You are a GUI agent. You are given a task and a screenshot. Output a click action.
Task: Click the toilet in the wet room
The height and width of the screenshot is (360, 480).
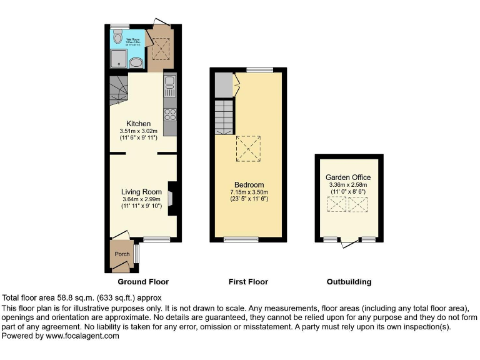(117, 37)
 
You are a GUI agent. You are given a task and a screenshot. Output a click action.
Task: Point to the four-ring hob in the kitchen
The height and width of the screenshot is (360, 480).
(169, 114)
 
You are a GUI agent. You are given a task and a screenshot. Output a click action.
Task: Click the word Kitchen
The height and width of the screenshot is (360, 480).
(138, 123)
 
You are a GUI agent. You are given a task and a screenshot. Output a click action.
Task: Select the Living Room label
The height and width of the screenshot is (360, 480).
(142, 192)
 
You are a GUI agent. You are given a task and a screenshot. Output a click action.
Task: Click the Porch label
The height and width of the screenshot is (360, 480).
(121, 254)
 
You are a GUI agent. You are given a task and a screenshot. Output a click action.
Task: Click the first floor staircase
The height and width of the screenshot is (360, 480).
(224, 117)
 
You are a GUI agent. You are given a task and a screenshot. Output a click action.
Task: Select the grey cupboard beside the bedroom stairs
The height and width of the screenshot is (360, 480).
(222, 86)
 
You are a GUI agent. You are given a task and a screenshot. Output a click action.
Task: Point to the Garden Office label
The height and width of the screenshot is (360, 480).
(348, 177)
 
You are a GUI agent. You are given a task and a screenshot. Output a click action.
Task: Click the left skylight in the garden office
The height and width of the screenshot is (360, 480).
(337, 204)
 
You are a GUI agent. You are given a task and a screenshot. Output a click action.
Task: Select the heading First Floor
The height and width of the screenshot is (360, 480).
(248, 282)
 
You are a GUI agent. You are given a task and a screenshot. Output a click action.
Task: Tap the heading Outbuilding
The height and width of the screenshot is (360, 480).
(349, 282)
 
